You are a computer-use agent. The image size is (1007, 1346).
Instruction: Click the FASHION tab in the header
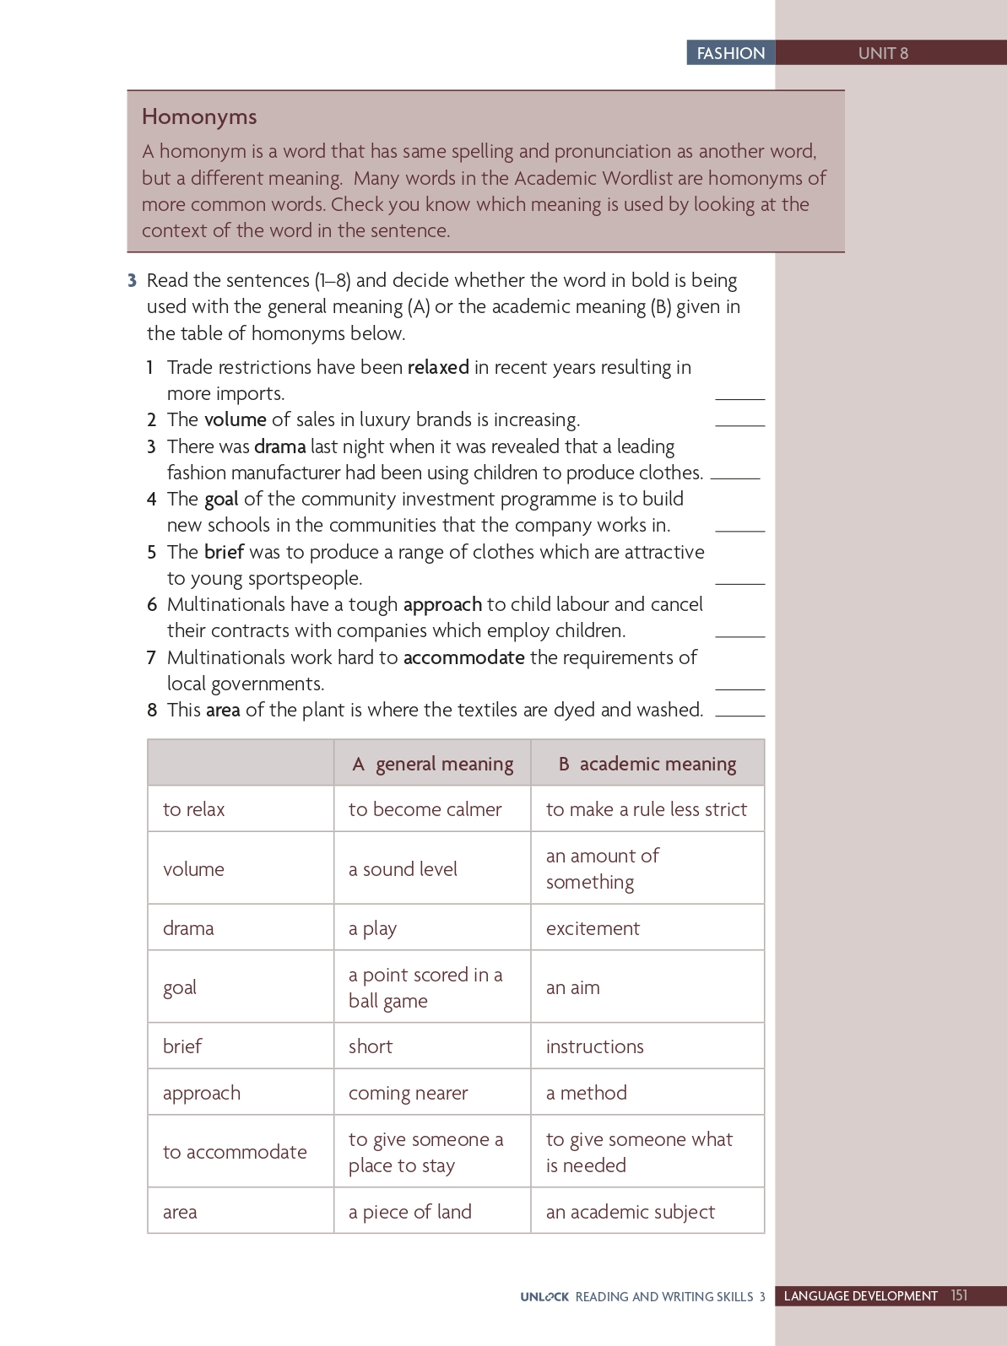730,53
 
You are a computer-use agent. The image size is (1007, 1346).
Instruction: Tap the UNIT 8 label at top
883,53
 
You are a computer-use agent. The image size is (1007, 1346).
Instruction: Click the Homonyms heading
199,116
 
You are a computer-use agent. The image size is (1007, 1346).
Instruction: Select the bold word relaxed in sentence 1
438,367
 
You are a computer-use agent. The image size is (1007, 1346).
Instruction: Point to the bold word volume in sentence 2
236,419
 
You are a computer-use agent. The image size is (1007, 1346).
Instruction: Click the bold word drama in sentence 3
279,446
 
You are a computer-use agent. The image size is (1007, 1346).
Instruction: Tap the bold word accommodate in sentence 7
463,657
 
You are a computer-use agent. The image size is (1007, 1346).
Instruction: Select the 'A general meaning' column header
433,764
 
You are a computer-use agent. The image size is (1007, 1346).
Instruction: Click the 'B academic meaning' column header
647,764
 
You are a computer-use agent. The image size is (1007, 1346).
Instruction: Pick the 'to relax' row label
194,809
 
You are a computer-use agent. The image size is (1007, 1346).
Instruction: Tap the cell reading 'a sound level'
403,869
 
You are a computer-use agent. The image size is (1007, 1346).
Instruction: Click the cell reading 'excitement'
593,928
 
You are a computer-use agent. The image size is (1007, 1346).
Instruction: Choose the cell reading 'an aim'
573,987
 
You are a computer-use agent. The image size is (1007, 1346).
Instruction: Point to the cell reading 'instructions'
595,1046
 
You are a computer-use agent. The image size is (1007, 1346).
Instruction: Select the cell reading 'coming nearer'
408,1093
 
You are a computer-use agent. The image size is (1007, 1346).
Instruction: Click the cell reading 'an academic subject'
631,1212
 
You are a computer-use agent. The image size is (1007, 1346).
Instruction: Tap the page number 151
959,1295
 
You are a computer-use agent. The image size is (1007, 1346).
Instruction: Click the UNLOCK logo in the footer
544,1296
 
